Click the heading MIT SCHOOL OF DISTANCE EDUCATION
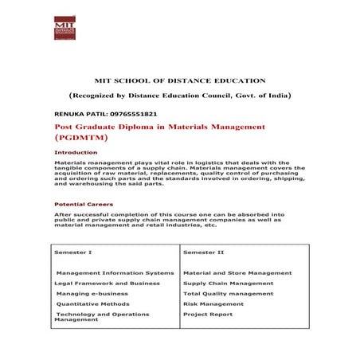pos(179,80)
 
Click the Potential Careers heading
pos(83,205)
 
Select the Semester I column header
pos(73,252)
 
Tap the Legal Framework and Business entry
pos(108,283)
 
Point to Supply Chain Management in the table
pos(229,283)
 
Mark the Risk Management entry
pos(212,303)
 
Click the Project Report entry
pos(207,314)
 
